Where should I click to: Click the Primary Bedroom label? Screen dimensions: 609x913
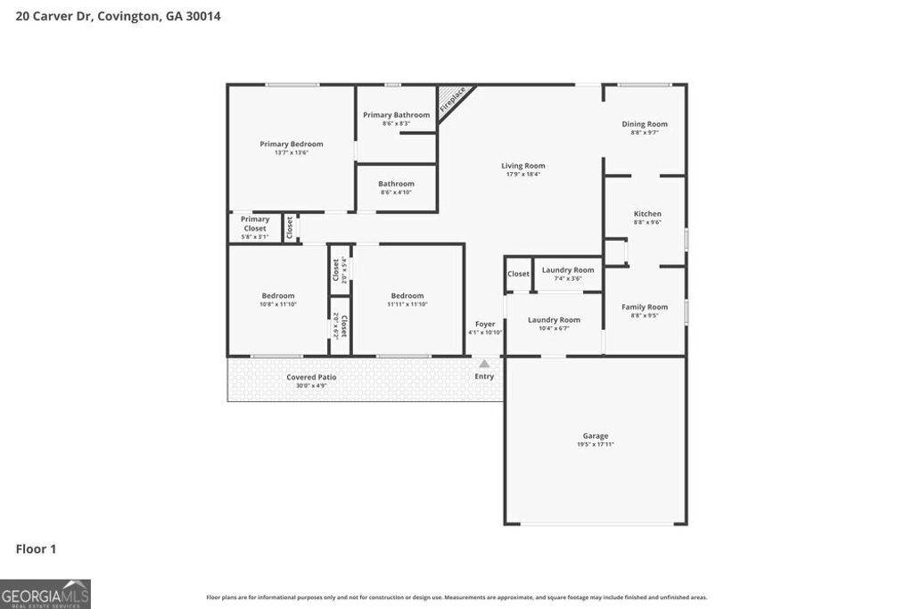[x=291, y=144]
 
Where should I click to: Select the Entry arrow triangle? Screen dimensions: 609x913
[x=484, y=364]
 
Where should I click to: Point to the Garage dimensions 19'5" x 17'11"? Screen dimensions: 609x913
[x=596, y=444]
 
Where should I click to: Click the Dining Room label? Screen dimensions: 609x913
[x=645, y=124]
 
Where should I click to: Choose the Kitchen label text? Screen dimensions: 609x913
[x=647, y=214]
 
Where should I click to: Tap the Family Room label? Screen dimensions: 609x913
[x=645, y=307]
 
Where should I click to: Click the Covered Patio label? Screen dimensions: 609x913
[x=311, y=377]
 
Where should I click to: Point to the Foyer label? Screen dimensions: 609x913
[x=485, y=324]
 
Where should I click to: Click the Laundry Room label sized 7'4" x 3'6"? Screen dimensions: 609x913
[x=568, y=270]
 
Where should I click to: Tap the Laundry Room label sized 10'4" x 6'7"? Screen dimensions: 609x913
[x=554, y=320]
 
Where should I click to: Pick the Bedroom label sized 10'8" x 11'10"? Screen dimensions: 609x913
[x=277, y=296]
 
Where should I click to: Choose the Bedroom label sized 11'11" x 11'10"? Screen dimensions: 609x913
[x=407, y=296]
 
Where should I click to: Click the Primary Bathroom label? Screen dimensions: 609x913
[x=396, y=115]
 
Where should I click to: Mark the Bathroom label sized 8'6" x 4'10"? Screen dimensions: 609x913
[x=396, y=184]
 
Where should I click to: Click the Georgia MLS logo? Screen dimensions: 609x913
[x=45, y=594]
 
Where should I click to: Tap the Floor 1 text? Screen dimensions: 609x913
[x=36, y=549]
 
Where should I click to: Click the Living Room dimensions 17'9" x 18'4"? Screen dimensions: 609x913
[x=522, y=174]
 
